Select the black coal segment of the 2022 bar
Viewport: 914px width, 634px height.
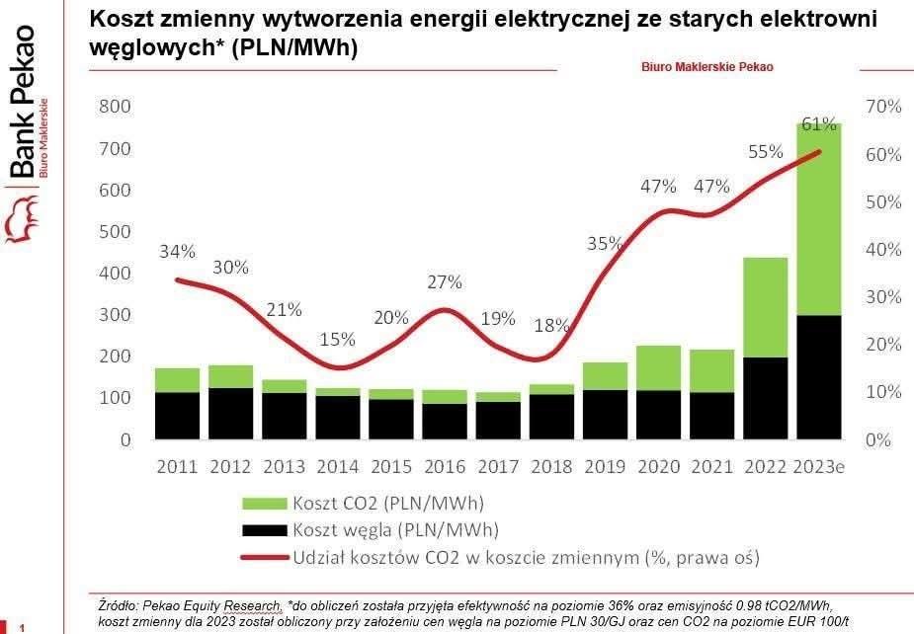pyautogui.click(x=765, y=397)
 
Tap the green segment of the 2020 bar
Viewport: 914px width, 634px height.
pyautogui.click(x=658, y=367)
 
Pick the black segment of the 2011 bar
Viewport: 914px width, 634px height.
pyautogui.click(x=178, y=415)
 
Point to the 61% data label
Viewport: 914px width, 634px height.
pyautogui.click(x=819, y=124)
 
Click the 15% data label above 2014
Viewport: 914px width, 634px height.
pyautogui.click(x=337, y=339)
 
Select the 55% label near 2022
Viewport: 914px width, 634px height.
pyautogui.click(x=765, y=152)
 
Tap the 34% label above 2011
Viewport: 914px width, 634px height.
pyautogui.click(x=177, y=251)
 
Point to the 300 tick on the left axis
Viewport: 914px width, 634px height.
pyautogui.click(x=116, y=315)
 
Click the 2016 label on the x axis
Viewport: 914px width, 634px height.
pyautogui.click(x=444, y=467)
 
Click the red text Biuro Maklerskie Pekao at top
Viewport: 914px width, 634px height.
pyautogui.click(x=707, y=67)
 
